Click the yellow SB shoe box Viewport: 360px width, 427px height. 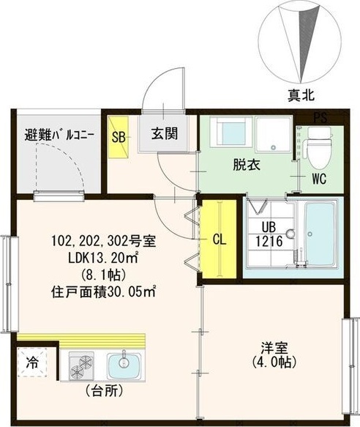point(119,136)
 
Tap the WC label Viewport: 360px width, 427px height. point(318,178)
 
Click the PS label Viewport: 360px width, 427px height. point(320,118)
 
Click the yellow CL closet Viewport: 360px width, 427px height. point(217,238)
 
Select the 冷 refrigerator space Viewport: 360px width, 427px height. point(34,362)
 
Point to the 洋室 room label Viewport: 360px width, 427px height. point(272,354)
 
